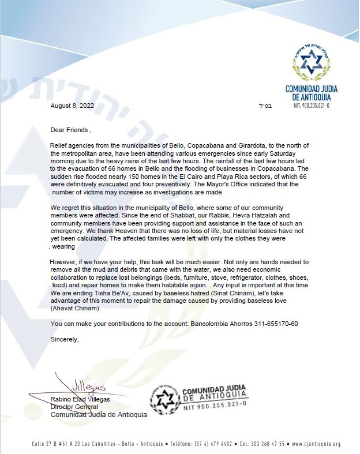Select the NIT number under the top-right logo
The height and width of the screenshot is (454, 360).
click(x=312, y=106)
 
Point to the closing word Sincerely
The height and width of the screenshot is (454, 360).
click(x=64, y=339)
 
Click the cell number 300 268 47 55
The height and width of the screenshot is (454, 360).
click(x=270, y=444)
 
